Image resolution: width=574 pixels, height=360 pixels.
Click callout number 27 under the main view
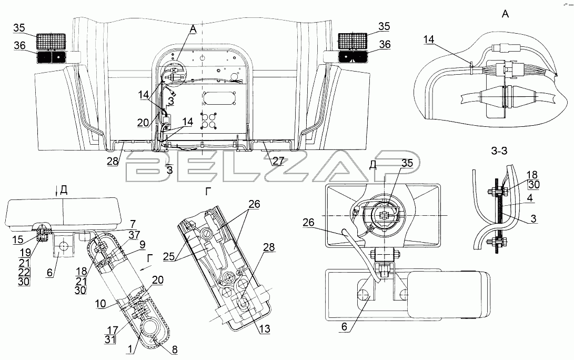278,161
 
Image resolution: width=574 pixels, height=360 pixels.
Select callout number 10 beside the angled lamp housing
100,303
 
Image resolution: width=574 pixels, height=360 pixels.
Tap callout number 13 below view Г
264,328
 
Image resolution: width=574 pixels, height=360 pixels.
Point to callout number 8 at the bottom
175,350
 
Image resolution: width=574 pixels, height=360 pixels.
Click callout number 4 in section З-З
530,198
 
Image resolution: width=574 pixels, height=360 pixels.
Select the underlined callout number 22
25,272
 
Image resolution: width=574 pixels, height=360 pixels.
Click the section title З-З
499,151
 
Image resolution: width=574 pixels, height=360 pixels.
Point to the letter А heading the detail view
505,14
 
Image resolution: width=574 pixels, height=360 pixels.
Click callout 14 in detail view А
429,39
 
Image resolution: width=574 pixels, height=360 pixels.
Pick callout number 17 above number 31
110,329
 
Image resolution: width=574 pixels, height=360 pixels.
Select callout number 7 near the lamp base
133,223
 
